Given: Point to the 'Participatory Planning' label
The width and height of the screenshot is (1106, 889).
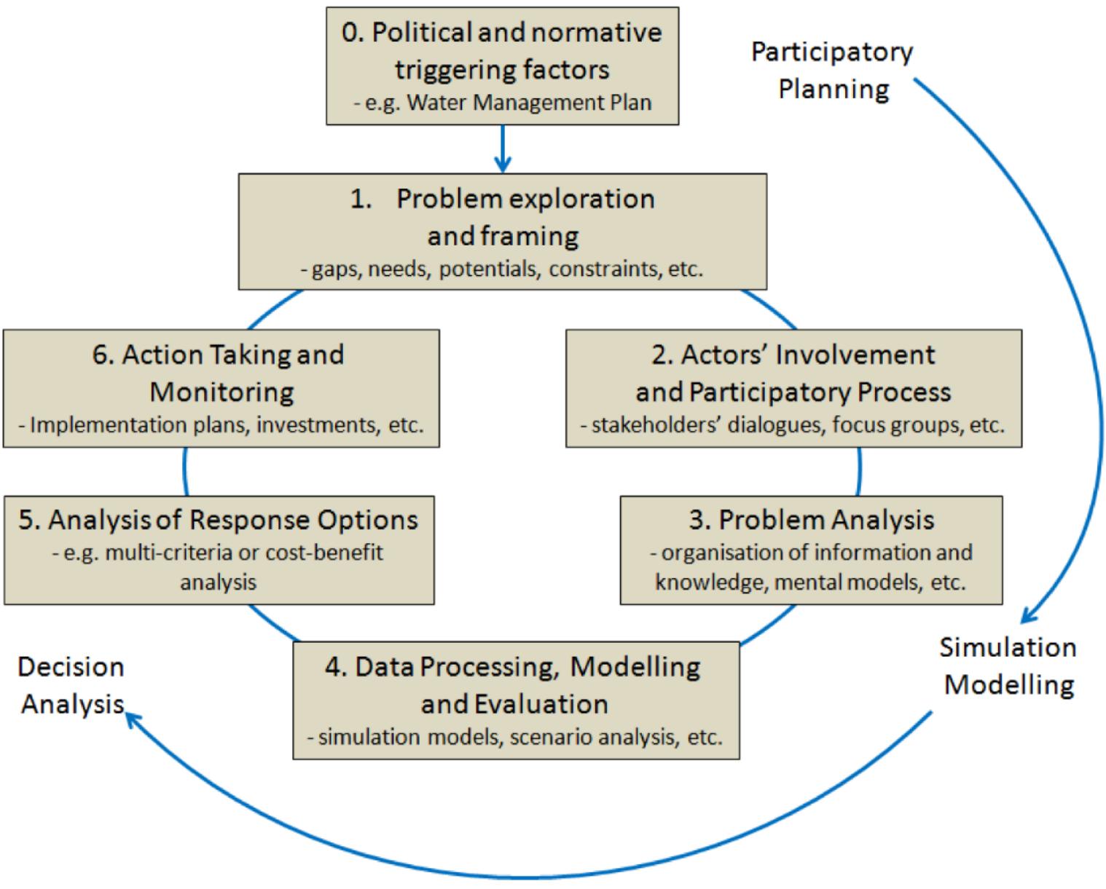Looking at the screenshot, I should point(832,71).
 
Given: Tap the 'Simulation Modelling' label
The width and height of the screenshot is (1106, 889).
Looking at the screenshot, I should point(1008,665).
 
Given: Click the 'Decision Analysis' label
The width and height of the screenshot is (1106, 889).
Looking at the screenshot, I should point(71,685).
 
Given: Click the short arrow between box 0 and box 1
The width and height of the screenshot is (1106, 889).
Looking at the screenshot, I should point(502,149).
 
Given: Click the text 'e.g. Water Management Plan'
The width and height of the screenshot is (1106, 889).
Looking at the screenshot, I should point(503,103).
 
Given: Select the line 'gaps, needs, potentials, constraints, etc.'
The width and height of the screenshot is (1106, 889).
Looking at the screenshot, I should point(503,269).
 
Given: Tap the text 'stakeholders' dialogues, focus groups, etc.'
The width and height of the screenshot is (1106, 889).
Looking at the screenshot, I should point(793,424).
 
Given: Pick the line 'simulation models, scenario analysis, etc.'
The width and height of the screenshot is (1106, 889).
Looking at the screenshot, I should point(515,737).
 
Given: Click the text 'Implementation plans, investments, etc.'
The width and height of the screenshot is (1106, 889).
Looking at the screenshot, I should point(221,424).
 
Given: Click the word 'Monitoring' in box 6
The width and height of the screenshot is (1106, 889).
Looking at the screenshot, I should point(221,392).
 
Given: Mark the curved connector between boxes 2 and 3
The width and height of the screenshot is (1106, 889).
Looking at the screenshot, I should point(860,471).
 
